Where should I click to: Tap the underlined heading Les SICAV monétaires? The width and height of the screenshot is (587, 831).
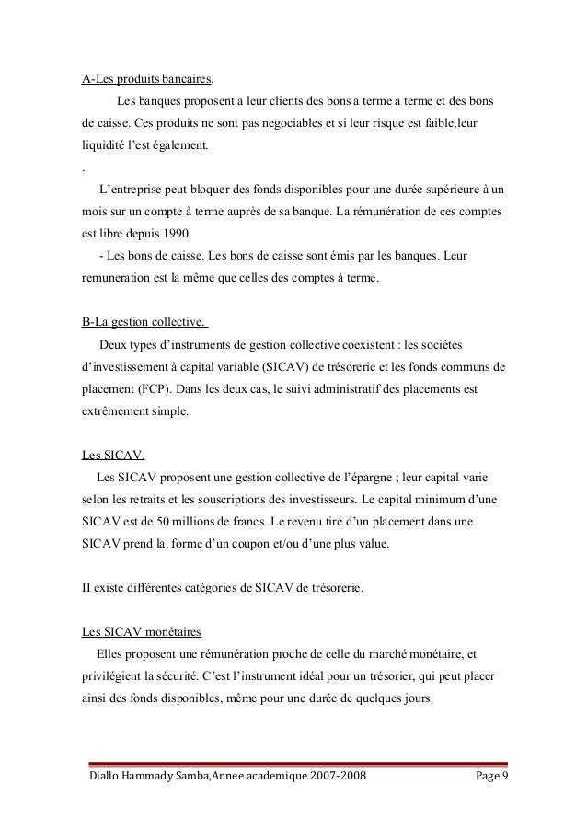pos(142,630)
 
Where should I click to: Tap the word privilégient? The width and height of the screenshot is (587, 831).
pos(113,675)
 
